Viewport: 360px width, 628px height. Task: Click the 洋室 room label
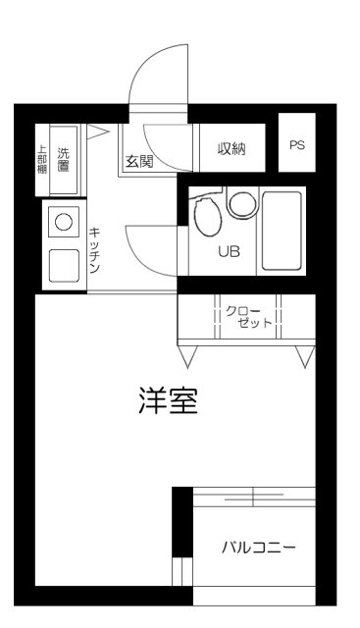(169, 401)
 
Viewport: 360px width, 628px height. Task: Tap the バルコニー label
(257, 547)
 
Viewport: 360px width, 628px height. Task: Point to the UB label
(228, 251)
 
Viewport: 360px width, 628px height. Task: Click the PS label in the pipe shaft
(297, 144)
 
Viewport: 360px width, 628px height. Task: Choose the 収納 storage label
(231, 149)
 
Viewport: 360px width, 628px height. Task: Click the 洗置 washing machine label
(64, 158)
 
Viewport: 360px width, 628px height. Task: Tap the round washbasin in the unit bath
(240, 203)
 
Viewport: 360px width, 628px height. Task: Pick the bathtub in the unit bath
(283, 230)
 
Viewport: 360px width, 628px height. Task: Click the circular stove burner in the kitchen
(64, 222)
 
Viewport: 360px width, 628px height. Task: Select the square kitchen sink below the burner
(64, 264)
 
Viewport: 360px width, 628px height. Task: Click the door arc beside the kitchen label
(147, 250)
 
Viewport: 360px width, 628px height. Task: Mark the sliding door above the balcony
(253, 497)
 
